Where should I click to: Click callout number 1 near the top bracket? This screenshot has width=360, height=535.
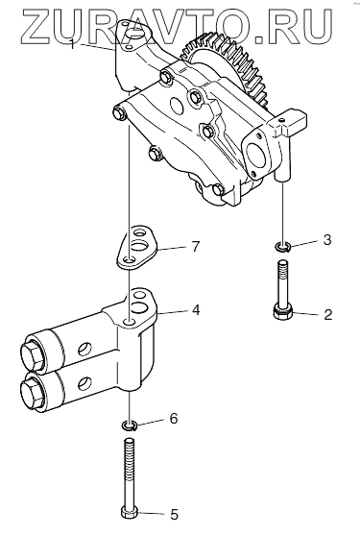(x=72, y=43)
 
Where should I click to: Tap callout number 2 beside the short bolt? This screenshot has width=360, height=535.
(x=327, y=314)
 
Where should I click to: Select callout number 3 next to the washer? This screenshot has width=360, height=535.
(x=327, y=240)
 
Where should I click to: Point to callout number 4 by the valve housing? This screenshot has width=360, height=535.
(x=195, y=309)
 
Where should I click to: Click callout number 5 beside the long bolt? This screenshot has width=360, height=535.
(x=174, y=514)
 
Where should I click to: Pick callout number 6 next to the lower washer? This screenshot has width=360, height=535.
(x=174, y=418)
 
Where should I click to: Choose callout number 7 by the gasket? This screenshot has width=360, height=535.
(x=195, y=246)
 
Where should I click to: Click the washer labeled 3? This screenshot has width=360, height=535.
(x=282, y=246)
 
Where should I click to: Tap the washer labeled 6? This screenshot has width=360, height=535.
(x=130, y=426)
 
